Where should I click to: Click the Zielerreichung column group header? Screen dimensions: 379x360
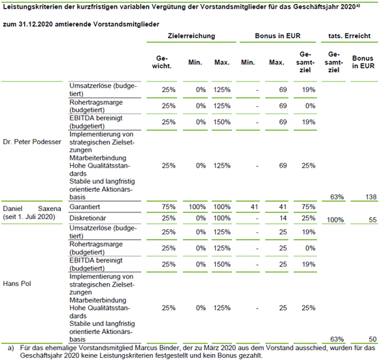191,36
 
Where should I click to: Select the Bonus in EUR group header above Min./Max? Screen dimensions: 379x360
277,36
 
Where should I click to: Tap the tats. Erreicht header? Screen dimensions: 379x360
350,36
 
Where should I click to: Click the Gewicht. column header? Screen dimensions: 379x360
162,62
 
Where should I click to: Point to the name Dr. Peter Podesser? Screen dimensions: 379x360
32,142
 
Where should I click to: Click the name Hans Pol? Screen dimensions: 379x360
17,283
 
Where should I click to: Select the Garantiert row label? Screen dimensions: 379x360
85,207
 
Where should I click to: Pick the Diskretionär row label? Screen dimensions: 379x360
88,218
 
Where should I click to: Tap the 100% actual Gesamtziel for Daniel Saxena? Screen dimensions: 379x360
336,220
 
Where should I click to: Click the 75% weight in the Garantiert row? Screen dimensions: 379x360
168,207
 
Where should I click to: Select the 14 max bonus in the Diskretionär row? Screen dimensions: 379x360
283,218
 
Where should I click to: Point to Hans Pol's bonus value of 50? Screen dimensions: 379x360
373,339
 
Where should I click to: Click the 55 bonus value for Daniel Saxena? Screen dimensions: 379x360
373,220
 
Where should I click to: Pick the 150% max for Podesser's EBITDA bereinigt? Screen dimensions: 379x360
222,122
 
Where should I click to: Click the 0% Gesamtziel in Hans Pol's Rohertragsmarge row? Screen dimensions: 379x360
310,248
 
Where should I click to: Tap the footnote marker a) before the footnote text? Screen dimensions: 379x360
11,348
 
